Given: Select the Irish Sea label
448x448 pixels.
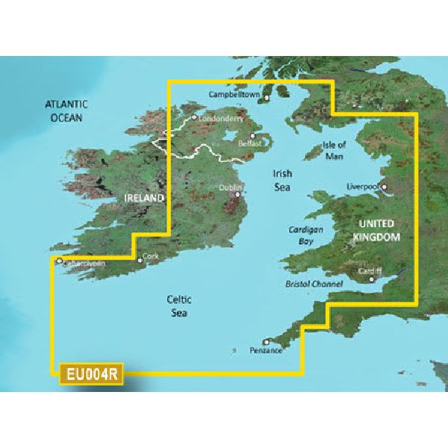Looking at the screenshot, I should click(281, 180).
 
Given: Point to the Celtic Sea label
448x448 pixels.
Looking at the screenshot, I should click(176, 306).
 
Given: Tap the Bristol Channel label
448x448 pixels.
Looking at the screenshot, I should click(314, 284).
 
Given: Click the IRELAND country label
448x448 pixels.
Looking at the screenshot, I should click(143, 198).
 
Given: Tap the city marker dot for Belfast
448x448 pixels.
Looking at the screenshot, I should click(253, 136).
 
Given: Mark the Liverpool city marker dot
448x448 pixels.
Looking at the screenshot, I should click(385, 187).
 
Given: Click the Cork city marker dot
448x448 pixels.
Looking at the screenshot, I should click(140, 261).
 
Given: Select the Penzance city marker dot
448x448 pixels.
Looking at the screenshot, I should click(266, 341).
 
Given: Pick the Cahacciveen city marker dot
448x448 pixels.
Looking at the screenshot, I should click(59, 261).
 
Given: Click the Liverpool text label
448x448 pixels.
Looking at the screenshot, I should click(364, 187).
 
